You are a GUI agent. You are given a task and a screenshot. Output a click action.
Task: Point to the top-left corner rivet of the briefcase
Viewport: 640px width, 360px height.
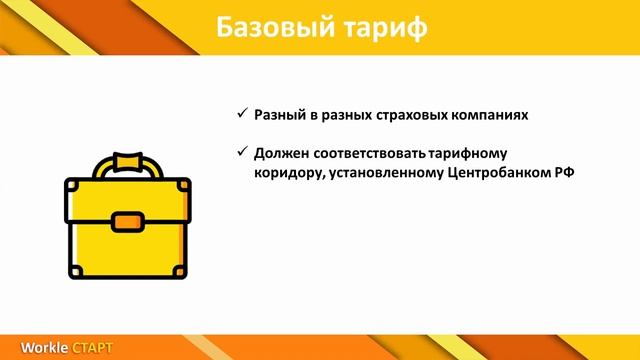click(71, 185)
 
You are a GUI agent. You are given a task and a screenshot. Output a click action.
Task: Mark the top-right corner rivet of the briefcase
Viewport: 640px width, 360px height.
click(180, 185)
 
